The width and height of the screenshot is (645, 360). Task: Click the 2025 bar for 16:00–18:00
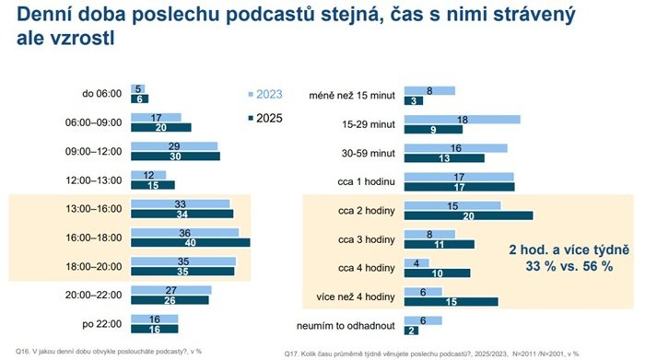190,243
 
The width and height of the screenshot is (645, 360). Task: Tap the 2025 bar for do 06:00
139,99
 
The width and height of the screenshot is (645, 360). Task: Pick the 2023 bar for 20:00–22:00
170,290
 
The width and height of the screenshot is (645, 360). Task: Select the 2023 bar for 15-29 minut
462,120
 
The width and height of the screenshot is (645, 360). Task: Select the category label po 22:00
102,323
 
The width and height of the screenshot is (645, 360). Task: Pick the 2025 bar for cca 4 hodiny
437,273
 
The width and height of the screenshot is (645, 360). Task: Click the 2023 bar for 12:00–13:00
148,175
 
